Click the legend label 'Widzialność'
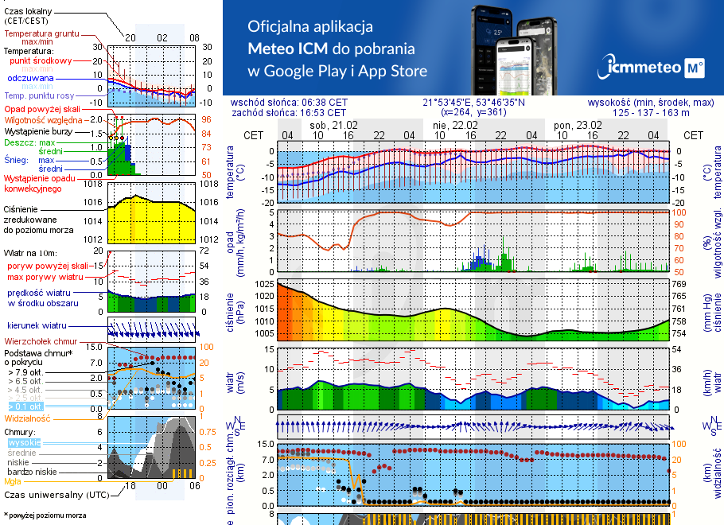click(x=28, y=417)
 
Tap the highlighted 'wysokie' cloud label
click(x=24, y=442)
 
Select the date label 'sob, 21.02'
click(x=333, y=126)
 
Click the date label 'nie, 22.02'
click(x=455, y=126)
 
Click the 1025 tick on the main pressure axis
click(x=265, y=284)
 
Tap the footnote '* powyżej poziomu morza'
click(x=45, y=515)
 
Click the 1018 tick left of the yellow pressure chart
click(x=94, y=184)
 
